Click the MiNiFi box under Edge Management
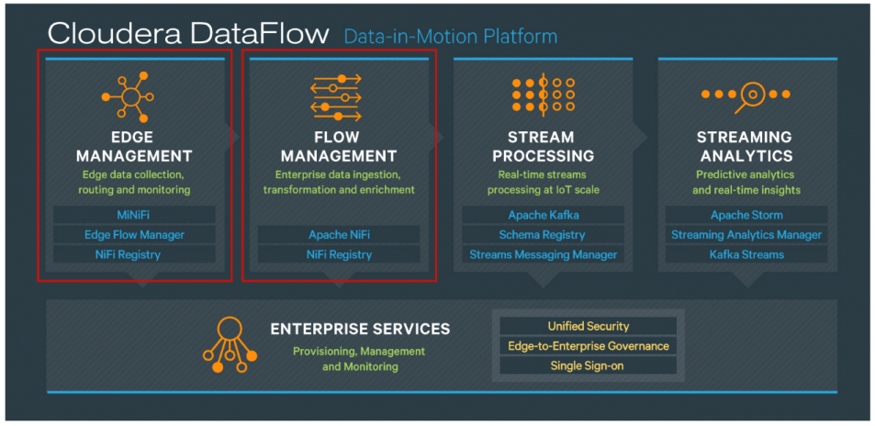[x=134, y=215]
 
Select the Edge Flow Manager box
[x=134, y=235]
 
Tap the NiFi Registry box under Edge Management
[x=134, y=254]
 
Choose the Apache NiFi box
[x=339, y=235]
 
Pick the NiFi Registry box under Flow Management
[x=339, y=254]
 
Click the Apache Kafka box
[x=544, y=215]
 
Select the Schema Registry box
[x=544, y=235]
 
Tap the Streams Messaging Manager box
[x=544, y=254]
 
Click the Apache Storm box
[x=746, y=215]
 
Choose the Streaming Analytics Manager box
[x=746, y=235]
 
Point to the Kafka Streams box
[x=746, y=254]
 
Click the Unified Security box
[x=588, y=326]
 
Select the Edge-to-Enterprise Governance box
[x=588, y=346]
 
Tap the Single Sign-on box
[x=588, y=365]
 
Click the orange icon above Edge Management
[x=131, y=96]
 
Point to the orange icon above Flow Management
[x=336, y=96]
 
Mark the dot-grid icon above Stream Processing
[x=543, y=95]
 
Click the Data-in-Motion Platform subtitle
[x=450, y=37]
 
